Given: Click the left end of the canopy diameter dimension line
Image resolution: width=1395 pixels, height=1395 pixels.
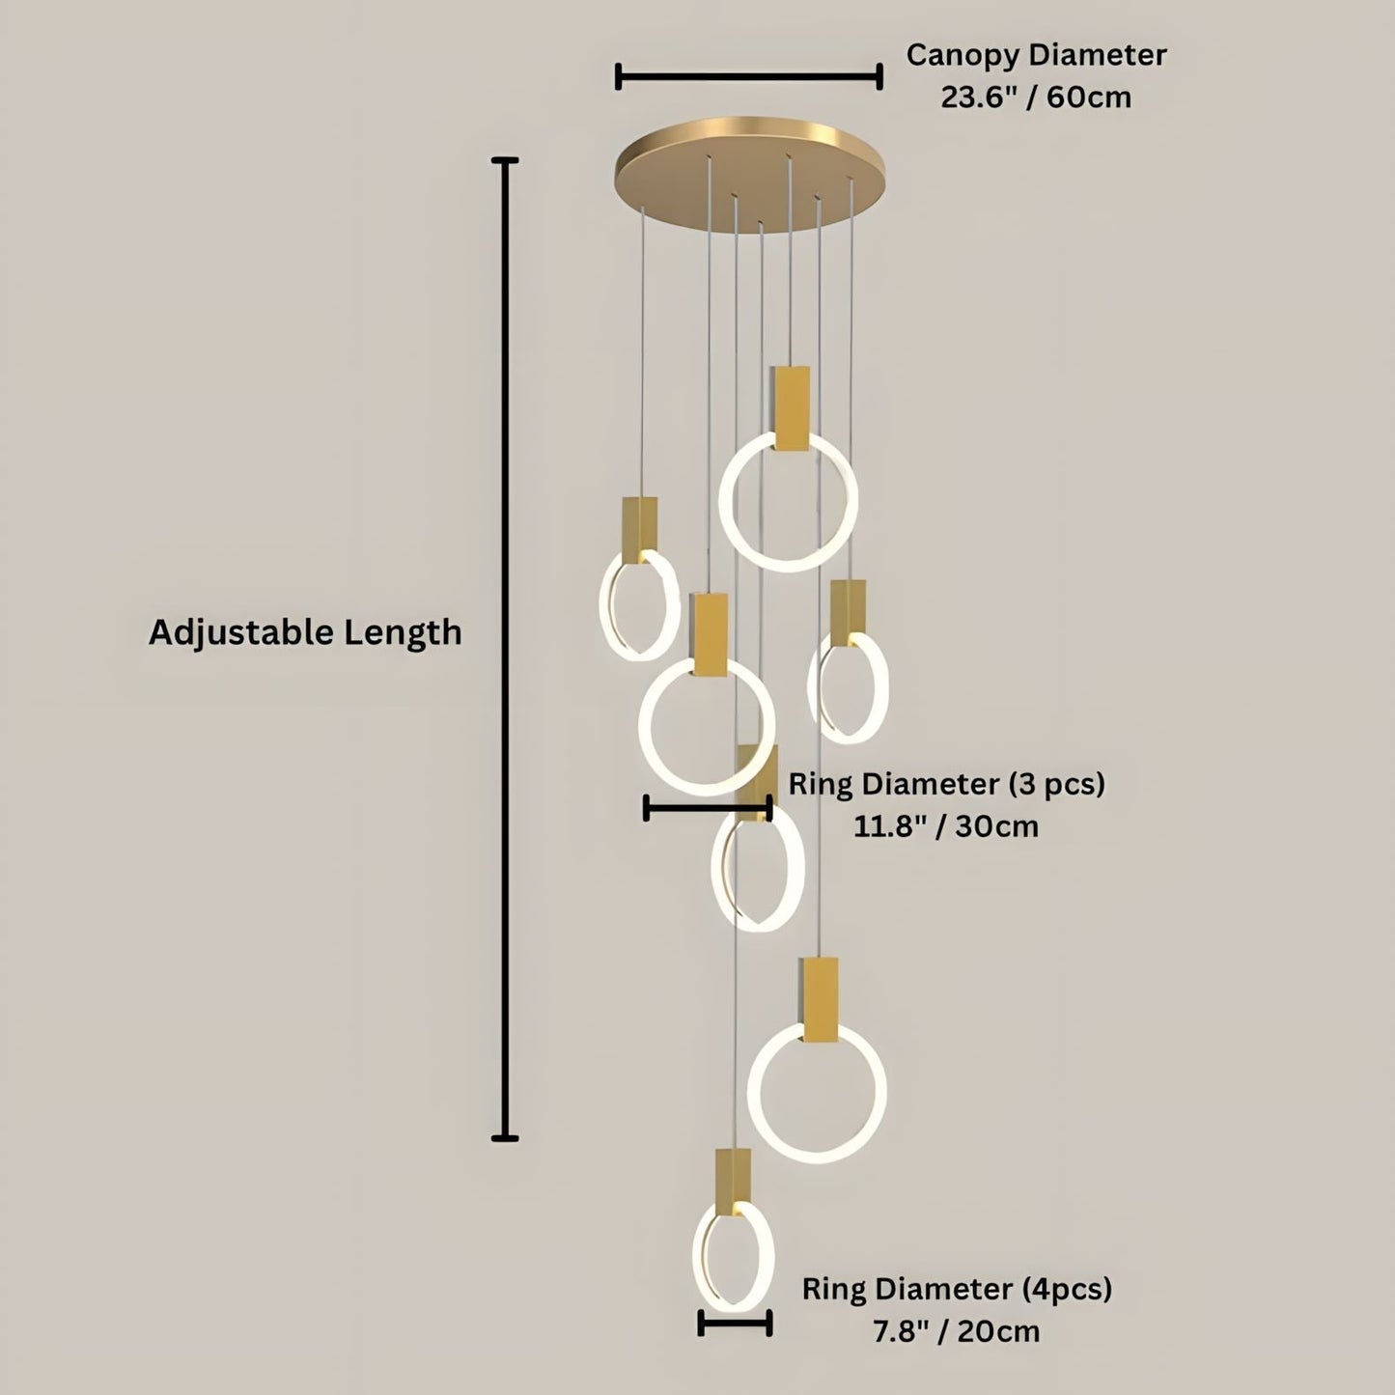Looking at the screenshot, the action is [618, 76].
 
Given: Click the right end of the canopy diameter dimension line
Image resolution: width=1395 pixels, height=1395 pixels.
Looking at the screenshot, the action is [879, 76].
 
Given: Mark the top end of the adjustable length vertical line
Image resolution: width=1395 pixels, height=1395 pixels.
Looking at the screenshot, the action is [505, 160].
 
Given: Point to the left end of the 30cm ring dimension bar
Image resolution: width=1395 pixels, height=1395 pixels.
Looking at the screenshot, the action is [646, 807].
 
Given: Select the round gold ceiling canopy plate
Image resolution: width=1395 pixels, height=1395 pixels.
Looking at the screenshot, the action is [750, 175].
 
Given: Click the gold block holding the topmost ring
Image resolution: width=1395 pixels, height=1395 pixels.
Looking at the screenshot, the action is [790, 407].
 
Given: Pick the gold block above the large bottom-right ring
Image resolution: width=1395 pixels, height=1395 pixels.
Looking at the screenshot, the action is [820, 999].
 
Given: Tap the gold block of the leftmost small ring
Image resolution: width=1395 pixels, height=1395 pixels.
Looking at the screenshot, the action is [640, 529].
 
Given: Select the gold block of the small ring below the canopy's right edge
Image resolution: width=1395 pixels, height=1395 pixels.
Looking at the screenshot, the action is [848, 612].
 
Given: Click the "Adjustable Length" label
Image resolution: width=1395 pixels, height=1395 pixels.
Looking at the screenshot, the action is [305, 632].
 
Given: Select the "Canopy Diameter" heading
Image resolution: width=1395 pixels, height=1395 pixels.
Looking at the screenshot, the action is [1036, 56].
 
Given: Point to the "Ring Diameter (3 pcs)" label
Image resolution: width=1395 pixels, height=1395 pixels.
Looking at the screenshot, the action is [947, 784].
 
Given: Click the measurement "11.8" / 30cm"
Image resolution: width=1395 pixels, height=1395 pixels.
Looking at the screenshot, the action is [945, 826].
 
